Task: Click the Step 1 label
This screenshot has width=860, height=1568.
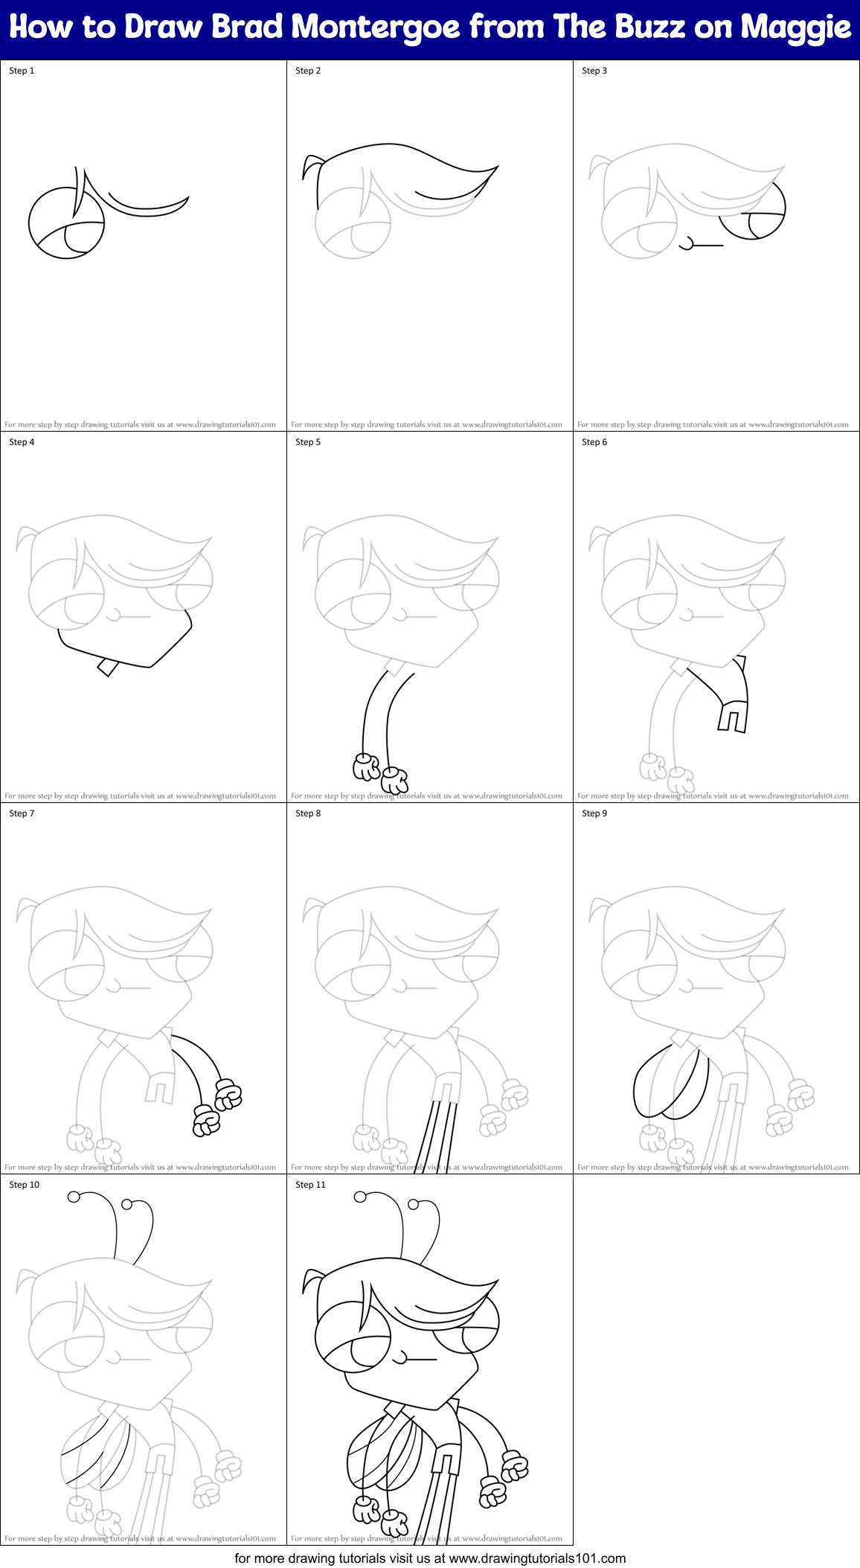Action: coord(22,71)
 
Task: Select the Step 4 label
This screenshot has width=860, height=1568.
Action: coord(22,442)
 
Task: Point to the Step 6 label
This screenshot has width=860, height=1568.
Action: coord(594,442)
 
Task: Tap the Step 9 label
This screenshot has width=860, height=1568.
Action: coord(594,813)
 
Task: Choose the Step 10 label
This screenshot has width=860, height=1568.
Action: coord(25,1185)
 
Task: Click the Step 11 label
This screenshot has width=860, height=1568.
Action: coord(311,1185)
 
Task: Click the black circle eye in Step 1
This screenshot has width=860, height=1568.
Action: coord(65,223)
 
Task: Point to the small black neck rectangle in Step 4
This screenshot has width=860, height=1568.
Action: coord(109,667)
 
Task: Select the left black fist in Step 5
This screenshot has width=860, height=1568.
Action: coord(367,767)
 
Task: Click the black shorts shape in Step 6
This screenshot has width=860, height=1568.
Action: coord(733,715)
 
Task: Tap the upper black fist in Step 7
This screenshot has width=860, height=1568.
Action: coord(228,1094)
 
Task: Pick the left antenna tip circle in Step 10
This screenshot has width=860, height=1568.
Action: coord(74,1197)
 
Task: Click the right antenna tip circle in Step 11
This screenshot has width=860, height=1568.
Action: coord(414,1204)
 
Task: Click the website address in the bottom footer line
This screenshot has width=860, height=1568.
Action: coord(537,1558)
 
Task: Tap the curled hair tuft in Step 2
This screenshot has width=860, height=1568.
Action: coord(312,167)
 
